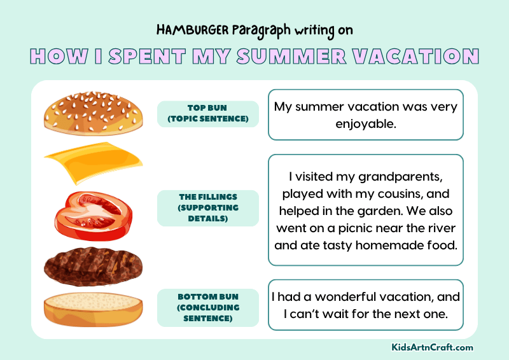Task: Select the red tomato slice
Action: coord(93,213)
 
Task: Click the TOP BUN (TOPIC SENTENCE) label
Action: coord(207,114)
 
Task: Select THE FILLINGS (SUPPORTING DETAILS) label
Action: coord(207,208)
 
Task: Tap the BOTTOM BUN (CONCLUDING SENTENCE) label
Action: coord(207,307)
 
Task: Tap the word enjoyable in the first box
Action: coord(366,123)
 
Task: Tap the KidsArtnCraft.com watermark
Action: coord(432,347)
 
